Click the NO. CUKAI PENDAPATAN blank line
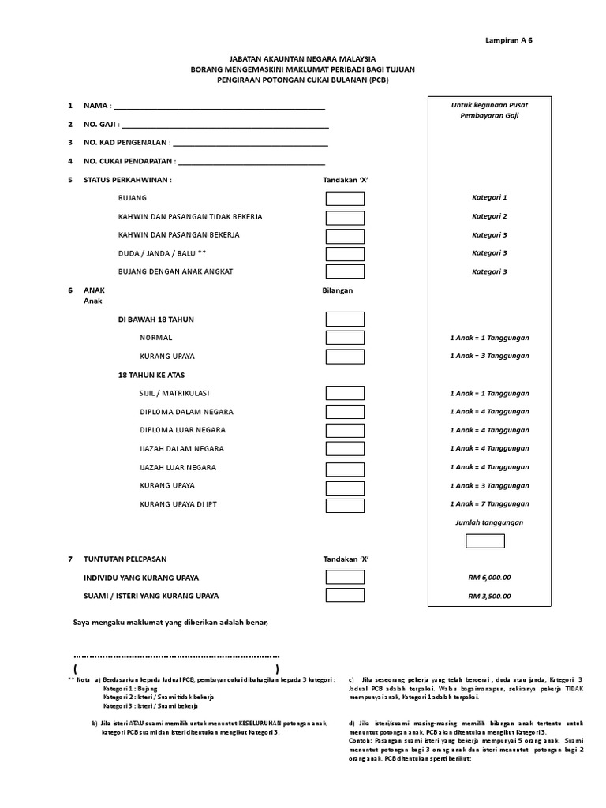(x=252, y=163)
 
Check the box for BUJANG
(x=345, y=198)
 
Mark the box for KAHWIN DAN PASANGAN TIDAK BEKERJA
(x=345, y=217)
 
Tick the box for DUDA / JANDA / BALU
(x=345, y=254)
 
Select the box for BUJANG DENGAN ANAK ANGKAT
(x=345, y=272)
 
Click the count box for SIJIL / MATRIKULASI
(x=345, y=393)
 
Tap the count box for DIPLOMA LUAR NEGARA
(x=345, y=431)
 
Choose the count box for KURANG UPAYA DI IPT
(x=345, y=505)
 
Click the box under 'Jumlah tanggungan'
(x=484, y=541)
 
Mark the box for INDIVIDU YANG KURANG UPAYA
(x=345, y=578)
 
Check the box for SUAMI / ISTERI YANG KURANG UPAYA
(x=345, y=596)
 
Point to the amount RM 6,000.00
(x=489, y=578)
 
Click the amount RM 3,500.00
(x=489, y=597)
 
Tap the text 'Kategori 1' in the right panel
(x=489, y=198)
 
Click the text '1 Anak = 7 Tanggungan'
(x=489, y=504)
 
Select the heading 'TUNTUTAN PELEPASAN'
(x=126, y=559)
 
